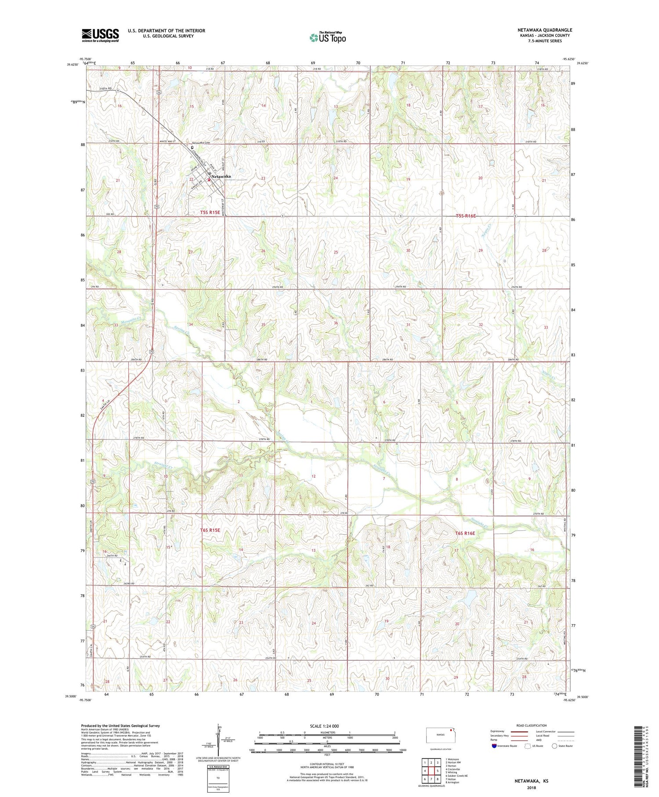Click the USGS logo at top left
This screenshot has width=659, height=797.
[x=100, y=35]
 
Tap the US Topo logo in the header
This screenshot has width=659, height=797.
[x=327, y=38]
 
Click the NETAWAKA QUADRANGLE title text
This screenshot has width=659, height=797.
[x=544, y=30]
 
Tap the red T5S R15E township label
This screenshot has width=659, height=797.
[x=203, y=212]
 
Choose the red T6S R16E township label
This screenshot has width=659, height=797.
[x=465, y=533]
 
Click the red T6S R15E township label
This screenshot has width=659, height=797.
[x=210, y=530]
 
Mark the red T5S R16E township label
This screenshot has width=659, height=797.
[x=465, y=216]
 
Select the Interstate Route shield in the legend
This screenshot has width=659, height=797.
[x=494, y=746]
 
